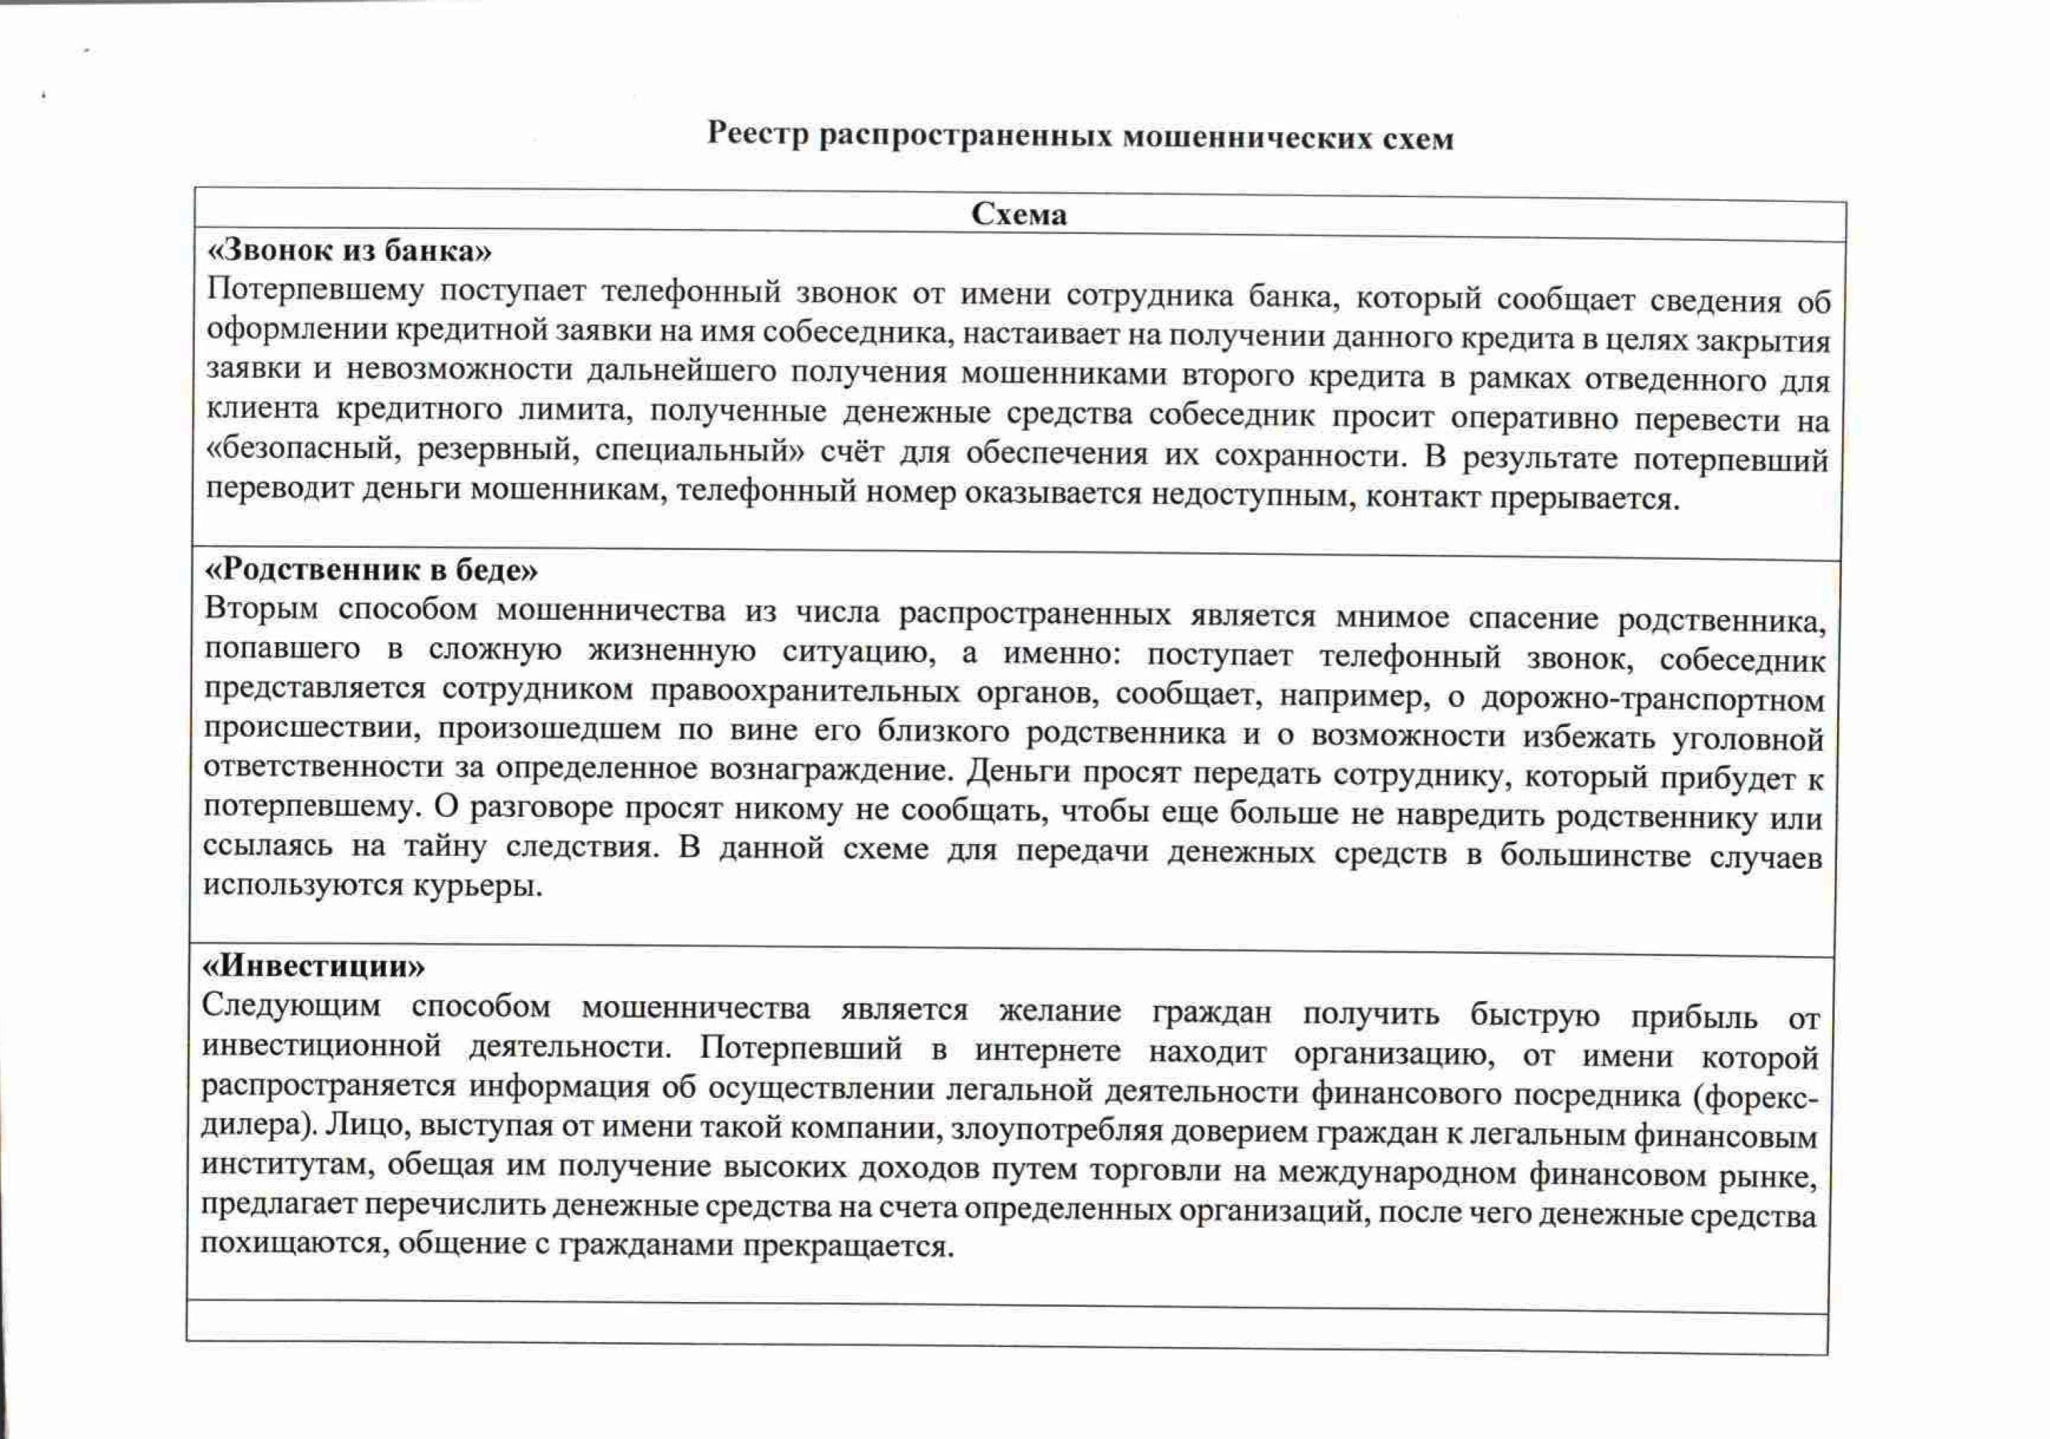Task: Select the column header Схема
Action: pos(1019,215)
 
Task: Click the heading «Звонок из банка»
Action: pos(349,251)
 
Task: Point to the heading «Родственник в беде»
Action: pos(372,569)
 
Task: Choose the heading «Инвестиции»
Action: pos(314,967)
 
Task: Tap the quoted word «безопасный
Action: pos(302,450)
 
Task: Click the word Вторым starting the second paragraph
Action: pos(261,609)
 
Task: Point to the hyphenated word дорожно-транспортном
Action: pos(1652,700)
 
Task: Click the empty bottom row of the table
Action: pos(1007,1328)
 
